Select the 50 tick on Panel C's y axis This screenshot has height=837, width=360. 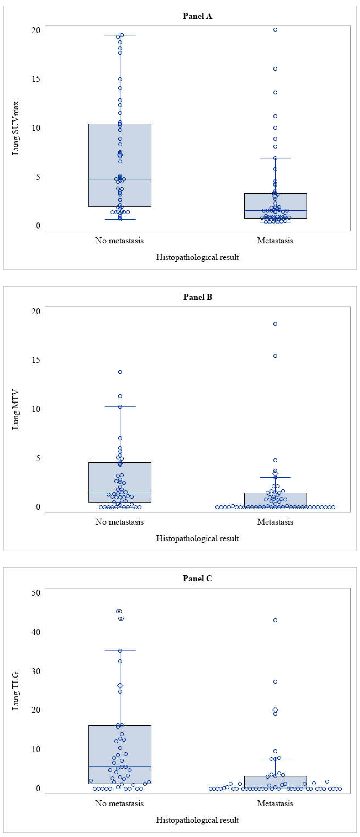[x=36, y=593]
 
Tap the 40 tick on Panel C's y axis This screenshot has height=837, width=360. [x=36, y=632]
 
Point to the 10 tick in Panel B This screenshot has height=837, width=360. [x=36, y=409]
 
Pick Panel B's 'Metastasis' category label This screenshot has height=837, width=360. [x=275, y=522]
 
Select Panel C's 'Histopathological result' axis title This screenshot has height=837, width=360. [x=197, y=820]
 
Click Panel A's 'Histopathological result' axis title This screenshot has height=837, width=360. [x=197, y=257]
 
